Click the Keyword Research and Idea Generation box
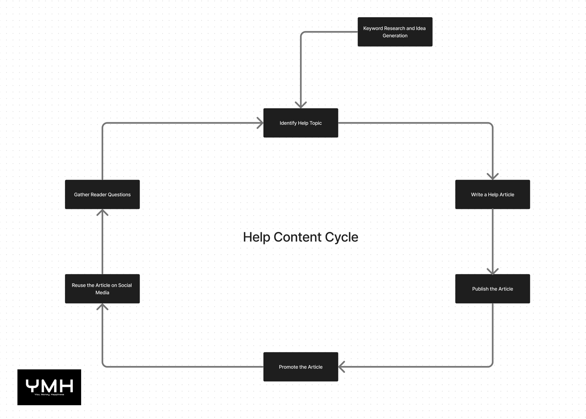395,32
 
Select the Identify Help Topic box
301,123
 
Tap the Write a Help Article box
493,194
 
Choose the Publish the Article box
493,289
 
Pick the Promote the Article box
301,367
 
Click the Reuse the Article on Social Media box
102,289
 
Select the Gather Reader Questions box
102,194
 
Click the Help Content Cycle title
301,237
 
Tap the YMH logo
49,387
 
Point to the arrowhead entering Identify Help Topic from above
301,105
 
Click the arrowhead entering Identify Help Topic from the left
260,123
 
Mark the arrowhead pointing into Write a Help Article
493,176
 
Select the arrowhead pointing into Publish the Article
493,271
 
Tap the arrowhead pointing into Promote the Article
342,367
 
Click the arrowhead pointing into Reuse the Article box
102,307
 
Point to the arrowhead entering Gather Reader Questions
102,212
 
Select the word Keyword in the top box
373,28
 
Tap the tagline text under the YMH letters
49,394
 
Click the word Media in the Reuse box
102,292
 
